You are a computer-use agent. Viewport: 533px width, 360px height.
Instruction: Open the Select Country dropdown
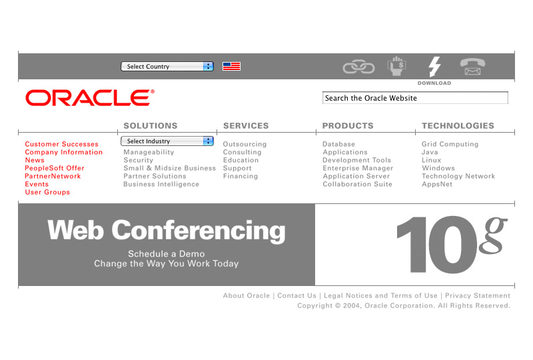point(167,67)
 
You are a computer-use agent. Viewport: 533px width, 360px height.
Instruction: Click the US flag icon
point(231,67)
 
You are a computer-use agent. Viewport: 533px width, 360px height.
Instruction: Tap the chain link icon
point(358,67)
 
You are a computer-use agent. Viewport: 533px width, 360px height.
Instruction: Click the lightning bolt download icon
point(434,67)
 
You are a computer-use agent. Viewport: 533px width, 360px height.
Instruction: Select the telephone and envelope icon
point(472,67)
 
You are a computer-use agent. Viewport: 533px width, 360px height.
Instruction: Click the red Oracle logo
point(90,97)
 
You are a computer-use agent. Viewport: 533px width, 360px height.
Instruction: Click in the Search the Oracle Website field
point(415,98)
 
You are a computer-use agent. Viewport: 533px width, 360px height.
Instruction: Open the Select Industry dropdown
point(167,141)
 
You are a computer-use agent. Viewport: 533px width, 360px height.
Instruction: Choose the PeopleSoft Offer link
point(55,168)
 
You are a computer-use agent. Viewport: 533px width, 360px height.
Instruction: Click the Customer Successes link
point(61,144)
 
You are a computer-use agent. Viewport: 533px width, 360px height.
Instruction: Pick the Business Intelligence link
point(161,184)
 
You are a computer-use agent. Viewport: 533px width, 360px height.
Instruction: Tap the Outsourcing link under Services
point(245,144)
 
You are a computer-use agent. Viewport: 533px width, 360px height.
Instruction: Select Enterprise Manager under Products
point(358,168)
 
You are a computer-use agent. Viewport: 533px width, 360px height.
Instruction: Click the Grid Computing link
point(450,144)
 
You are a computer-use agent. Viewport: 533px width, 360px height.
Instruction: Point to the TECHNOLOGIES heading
point(458,126)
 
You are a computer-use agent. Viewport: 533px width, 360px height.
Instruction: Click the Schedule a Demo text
point(166,254)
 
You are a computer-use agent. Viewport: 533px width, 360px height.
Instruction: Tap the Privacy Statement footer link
point(478,296)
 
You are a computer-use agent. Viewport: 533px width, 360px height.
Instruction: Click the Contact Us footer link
point(296,296)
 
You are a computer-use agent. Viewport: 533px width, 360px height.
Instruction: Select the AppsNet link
point(437,184)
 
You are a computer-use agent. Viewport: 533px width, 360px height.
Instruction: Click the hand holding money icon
point(396,66)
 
